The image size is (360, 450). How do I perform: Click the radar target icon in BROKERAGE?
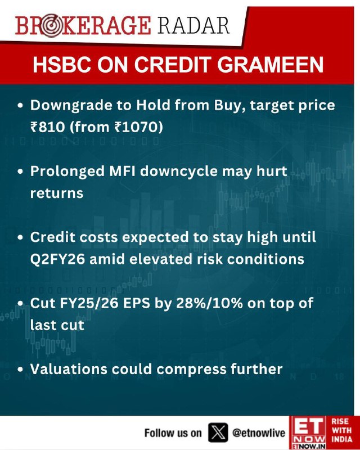(x=51, y=26)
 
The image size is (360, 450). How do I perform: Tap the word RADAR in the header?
(x=193, y=25)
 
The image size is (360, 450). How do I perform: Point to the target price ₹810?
(x=48, y=127)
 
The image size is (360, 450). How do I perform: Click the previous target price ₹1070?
(x=136, y=127)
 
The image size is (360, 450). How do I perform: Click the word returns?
(x=57, y=193)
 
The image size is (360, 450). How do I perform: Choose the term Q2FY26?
(x=57, y=259)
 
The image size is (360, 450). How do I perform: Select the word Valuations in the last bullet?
(x=68, y=369)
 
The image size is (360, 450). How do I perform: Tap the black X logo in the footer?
(x=218, y=432)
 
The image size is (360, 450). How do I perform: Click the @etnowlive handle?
(x=259, y=433)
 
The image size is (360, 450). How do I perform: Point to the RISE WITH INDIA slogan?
(x=341, y=430)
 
